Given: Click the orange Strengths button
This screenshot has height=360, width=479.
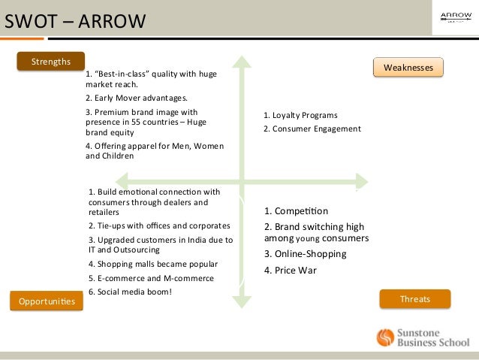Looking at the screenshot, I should point(51,61).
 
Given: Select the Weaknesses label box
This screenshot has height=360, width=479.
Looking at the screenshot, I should point(408,68).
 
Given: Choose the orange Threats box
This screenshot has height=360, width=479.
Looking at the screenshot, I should point(414,299).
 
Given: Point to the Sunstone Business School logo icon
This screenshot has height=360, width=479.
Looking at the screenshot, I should point(385,337).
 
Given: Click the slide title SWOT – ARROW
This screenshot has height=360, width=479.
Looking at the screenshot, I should point(75,20).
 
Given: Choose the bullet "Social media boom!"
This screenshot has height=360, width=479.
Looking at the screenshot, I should point(130,291).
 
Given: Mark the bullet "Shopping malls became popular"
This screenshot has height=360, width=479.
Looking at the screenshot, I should point(152,264).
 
